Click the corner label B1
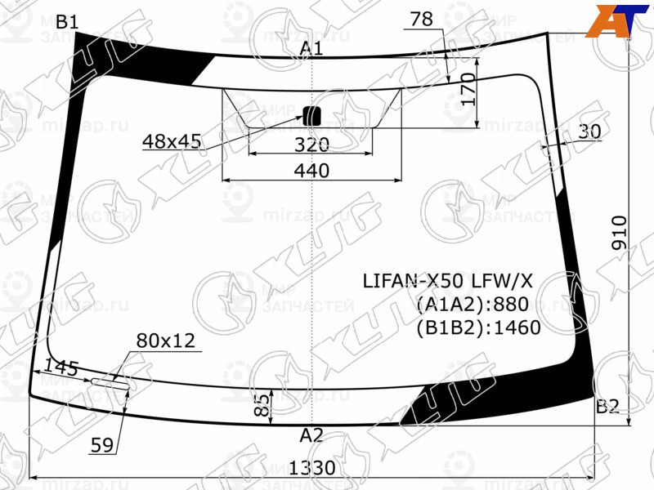(x=66, y=22)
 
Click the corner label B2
(x=607, y=406)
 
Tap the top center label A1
(x=311, y=48)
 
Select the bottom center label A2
(x=311, y=435)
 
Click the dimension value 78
(x=422, y=20)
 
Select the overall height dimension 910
(x=619, y=233)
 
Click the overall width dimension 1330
(x=312, y=468)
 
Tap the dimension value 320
(x=311, y=145)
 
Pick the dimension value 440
(x=311, y=171)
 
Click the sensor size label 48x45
(x=172, y=142)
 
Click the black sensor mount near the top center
(x=311, y=115)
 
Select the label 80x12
(x=166, y=341)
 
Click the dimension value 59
(x=101, y=445)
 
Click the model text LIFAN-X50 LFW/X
(x=447, y=281)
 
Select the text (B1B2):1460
(x=478, y=328)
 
